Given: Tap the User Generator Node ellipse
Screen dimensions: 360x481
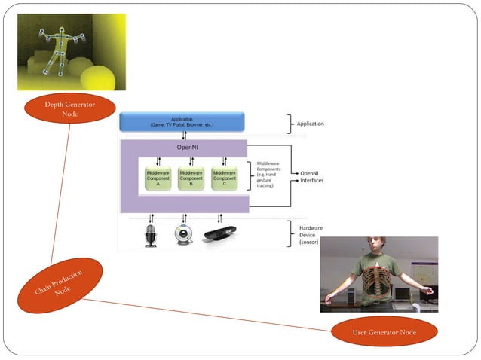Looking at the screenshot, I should [x=384, y=331].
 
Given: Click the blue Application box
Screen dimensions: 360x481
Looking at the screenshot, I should [x=182, y=121].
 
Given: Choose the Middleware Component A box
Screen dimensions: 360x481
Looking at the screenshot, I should [x=158, y=178].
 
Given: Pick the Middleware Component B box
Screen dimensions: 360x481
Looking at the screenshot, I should [x=191, y=178].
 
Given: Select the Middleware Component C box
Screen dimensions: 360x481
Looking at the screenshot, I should [x=224, y=178].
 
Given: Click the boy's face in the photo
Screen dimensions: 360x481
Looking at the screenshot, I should [x=376, y=249].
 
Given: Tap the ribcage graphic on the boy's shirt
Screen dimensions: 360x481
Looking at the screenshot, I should [x=376, y=285].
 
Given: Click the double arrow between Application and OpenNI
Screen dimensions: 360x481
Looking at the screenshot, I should [x=183, y=136].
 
